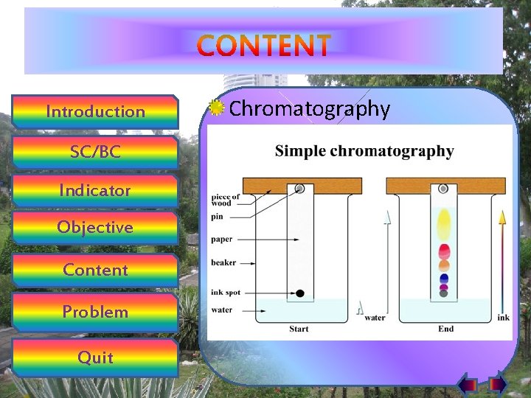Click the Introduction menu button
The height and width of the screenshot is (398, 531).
tap(96, 112)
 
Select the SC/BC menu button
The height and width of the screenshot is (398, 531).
tap(96, 152)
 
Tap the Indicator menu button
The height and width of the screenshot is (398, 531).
tap(96, 190)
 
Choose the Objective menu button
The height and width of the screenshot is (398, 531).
tap(96, 227)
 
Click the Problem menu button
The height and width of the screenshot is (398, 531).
tap(96, 312)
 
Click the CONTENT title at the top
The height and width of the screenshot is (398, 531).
tap(264, 46)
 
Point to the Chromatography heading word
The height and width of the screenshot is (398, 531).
tap(310, 109)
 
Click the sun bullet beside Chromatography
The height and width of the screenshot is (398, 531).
tap(216, 108)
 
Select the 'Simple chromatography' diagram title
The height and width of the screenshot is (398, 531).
tap(364, 151)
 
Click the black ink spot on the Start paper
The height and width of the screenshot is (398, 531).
tap(300, 293)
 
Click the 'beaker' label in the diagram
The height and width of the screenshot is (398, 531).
tap(223, 262)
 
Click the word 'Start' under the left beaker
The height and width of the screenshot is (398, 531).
tap(299, 329)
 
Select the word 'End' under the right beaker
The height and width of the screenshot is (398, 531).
tap(445, 329)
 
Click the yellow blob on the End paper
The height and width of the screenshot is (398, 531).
tap(444, 223)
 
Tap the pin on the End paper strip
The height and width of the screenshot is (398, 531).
tap(443, 189)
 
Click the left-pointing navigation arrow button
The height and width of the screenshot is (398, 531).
tap(468, 384)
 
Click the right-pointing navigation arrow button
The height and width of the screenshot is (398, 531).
tap(496, 384)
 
